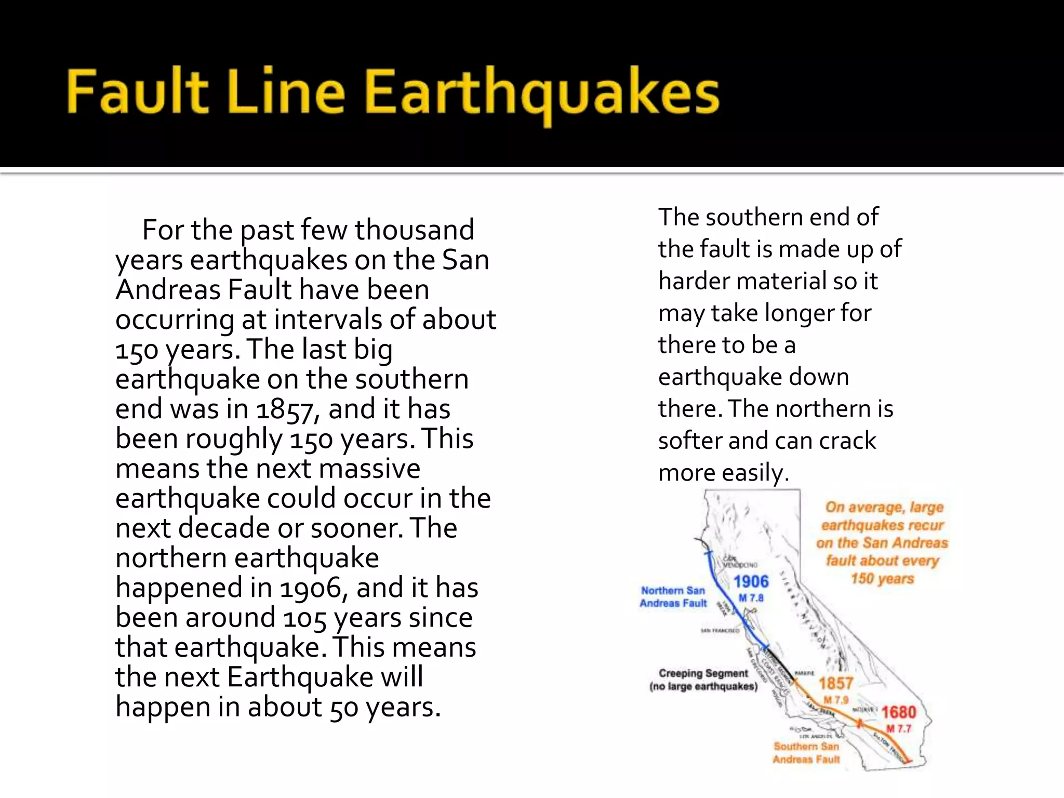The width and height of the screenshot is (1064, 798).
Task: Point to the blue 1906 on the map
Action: tap(751, 582)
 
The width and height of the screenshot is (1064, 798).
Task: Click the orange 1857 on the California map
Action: tap(836, 684)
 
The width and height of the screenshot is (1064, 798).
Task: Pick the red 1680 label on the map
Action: tap(899, 712)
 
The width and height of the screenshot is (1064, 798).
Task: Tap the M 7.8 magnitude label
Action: tap(751, 598)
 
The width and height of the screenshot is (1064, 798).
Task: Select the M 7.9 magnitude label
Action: tap(835, 700)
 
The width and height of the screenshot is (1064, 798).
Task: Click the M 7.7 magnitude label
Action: tap(899, 728)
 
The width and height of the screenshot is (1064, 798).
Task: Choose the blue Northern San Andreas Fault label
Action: tap(673, 597)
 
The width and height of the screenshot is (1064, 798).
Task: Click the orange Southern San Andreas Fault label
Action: tap(806, 753)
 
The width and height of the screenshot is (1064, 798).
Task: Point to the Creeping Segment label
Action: tap(703, 674)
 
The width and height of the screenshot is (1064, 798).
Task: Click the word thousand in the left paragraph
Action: tap(414, 230)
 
